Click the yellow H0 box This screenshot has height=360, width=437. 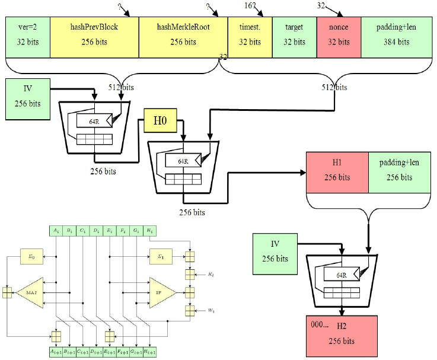tap(161, 122)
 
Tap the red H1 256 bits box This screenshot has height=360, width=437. tap(337, 171)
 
